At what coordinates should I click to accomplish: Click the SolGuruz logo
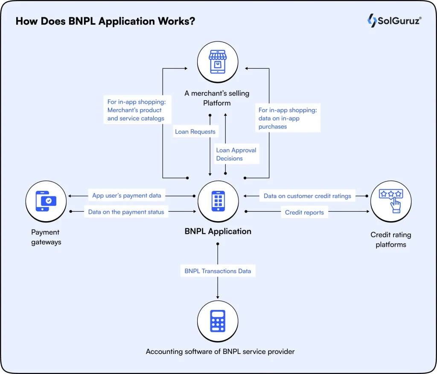click(x=394, y=20)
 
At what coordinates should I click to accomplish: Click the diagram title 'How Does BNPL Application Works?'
click(x=105, y=21)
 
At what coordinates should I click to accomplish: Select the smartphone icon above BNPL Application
click(x=218, y=201)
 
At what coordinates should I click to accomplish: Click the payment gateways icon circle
click(x=46, y=201)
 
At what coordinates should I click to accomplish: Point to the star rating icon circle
click(x=390, y=201)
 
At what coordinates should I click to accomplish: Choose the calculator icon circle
click(x=218, y=321)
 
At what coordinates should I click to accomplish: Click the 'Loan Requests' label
click(x=195, y=132)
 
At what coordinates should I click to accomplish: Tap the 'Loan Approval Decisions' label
click(x=236, y=154)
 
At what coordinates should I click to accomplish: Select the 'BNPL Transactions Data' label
click(x=218, y=271)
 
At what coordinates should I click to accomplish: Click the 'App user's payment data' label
click(x=127, y=196)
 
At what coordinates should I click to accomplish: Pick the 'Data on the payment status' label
click(x=126, y=212)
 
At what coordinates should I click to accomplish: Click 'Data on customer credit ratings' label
click(x=307, y=196)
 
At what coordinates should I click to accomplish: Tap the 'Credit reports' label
click(x=304, y=212)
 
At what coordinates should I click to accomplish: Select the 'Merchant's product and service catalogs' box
click(x=136, y=110)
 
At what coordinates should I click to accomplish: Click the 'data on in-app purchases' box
click(x=287, y=118)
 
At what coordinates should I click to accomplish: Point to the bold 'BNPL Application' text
click(x=218, y=231)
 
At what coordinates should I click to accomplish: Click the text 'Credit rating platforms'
click(x=390, y=240)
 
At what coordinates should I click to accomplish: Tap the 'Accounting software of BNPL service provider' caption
click(x=220, y=352)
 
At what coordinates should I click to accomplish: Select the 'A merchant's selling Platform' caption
click(x=216, y=98)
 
